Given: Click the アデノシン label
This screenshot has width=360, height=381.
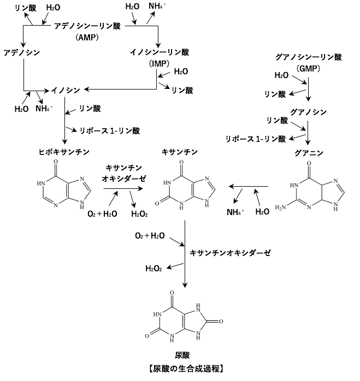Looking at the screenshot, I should click(21, 52).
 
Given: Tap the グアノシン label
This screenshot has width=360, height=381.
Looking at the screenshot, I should click(309, 111).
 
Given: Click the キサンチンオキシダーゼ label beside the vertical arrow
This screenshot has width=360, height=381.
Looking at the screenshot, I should click(230, 253).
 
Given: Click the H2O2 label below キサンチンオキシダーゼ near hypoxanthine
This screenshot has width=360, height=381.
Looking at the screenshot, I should click(139, 213).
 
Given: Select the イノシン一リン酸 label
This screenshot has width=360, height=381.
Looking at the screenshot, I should click(159, 52).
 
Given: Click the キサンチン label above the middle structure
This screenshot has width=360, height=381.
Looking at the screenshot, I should click(179, 151).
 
